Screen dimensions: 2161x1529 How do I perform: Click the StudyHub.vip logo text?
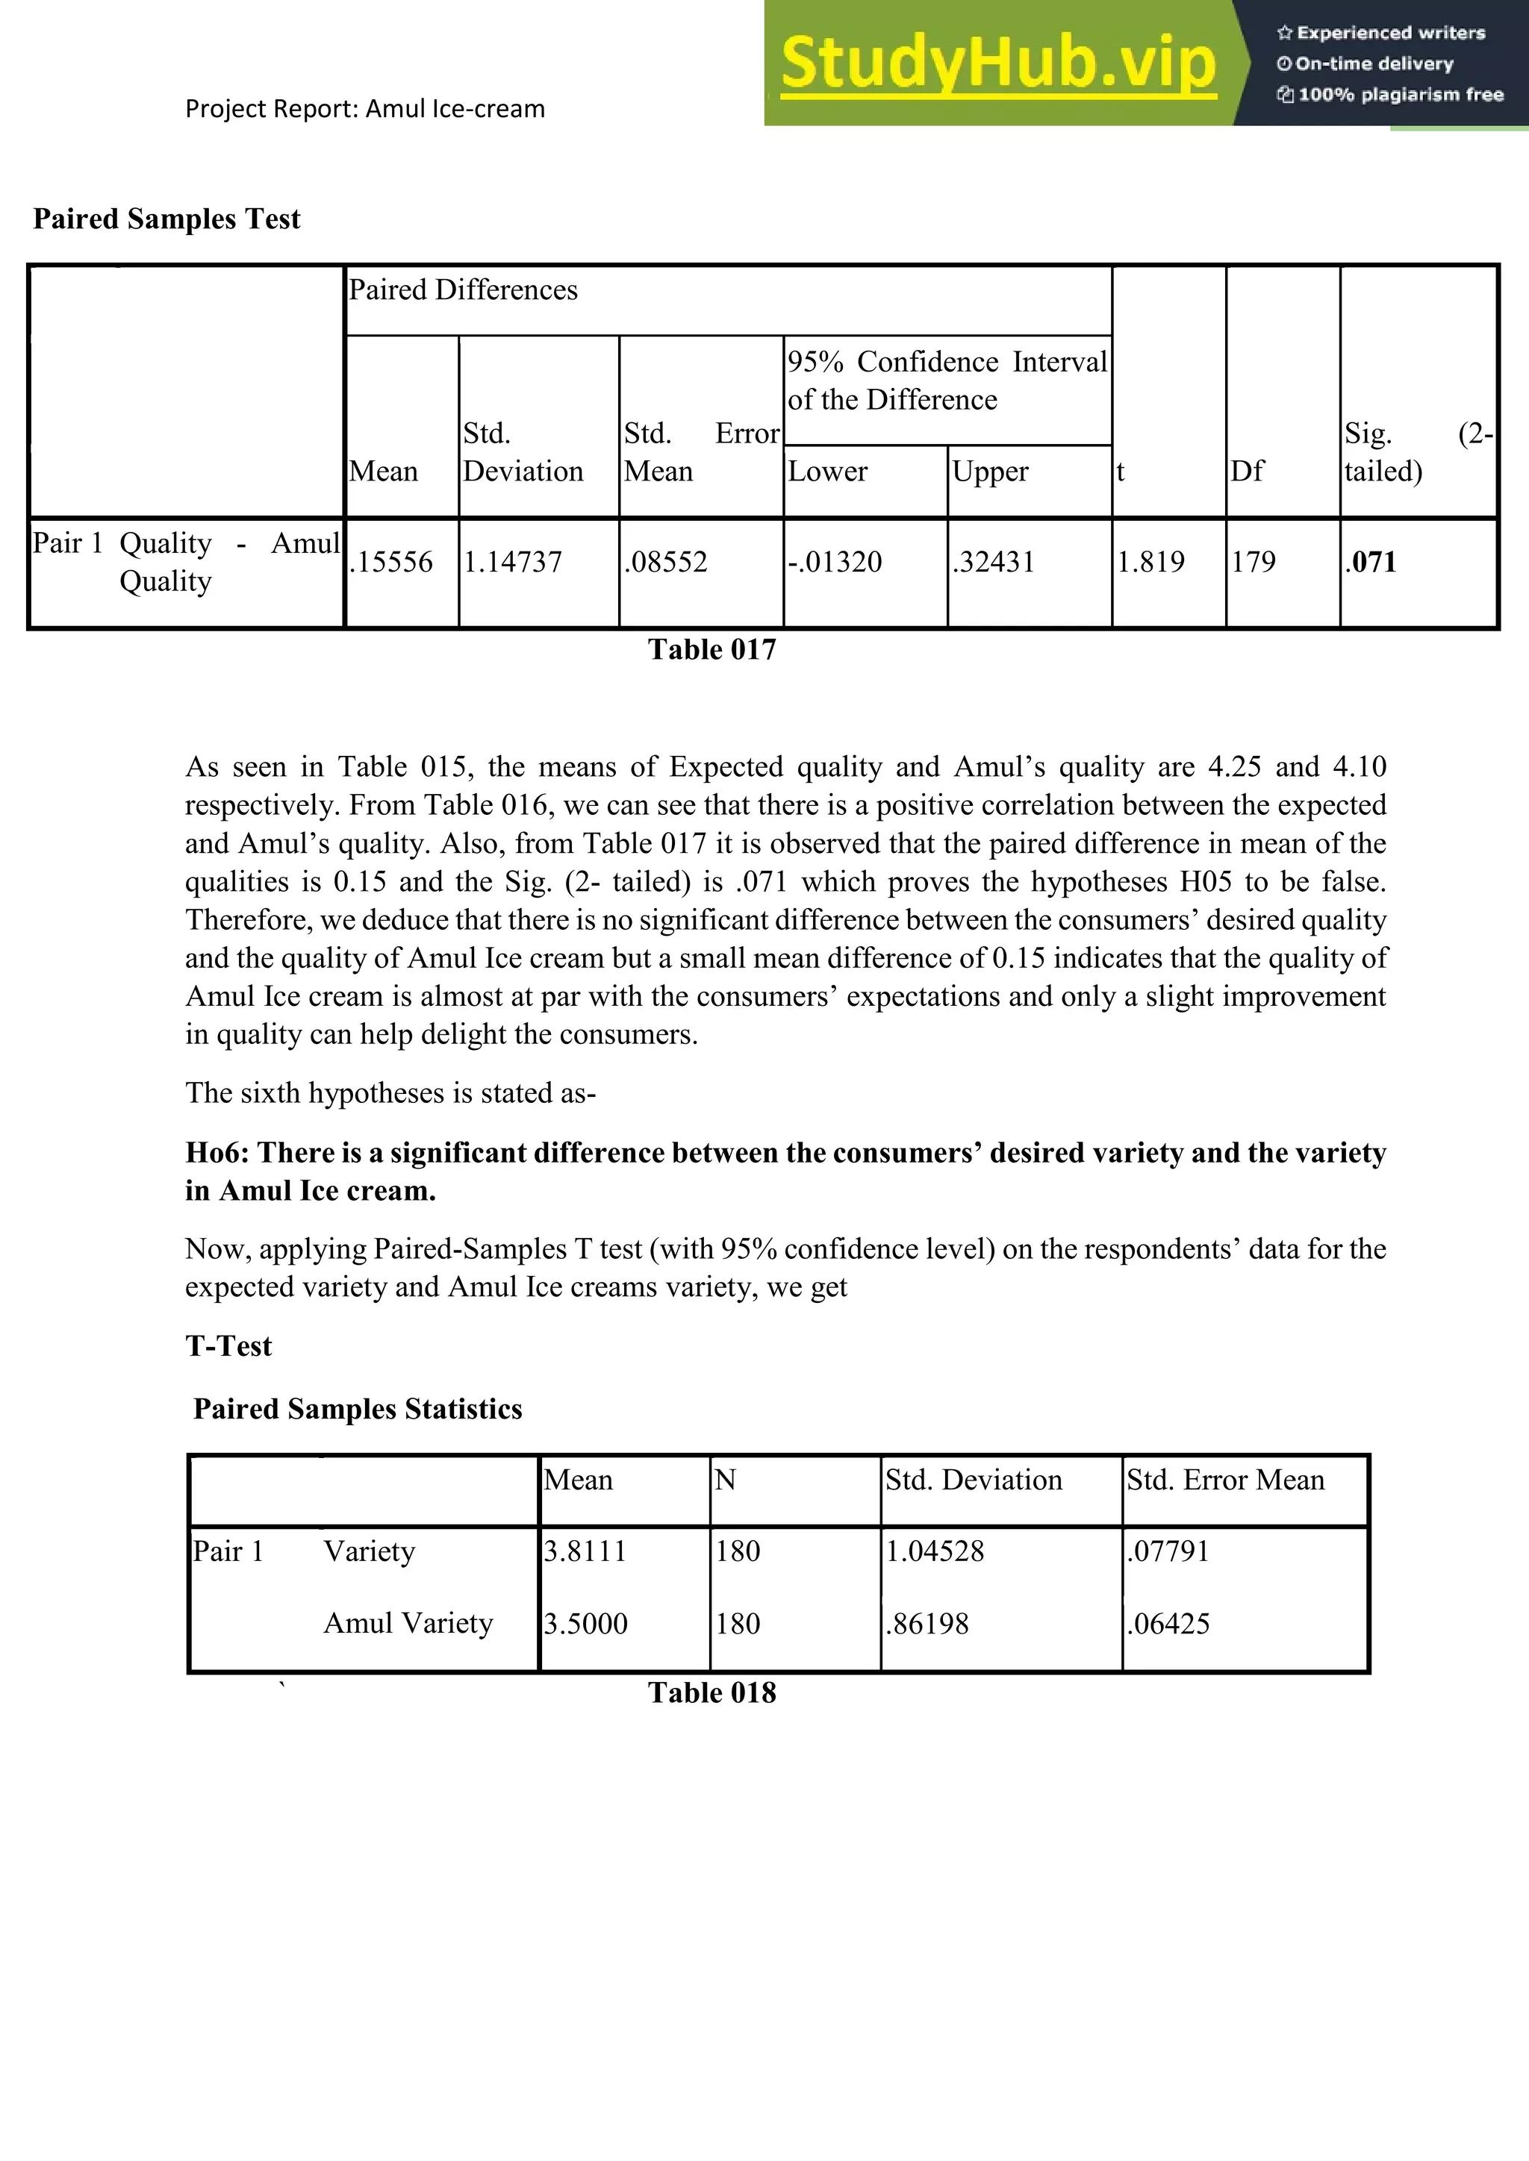click(x=998, y=64)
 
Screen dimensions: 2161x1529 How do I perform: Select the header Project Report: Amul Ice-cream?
click(x=364, y=109)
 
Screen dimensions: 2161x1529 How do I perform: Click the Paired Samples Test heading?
click(x=166, y=219)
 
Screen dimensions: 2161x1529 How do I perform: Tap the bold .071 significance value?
click(x=1371, y=562)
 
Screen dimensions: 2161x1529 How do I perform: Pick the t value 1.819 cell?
click(x=1150, y=562)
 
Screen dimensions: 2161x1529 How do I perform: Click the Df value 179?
click(x=1254, y=562)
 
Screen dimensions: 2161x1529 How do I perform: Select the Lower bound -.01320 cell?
click(x=835, y=562)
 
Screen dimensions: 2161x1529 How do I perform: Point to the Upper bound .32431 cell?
click(x=993, y=562)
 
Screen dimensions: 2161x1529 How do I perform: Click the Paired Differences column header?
click(x=463, y=290)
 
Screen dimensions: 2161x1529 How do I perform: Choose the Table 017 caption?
click(x=711, y=649)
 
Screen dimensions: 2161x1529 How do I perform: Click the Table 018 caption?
click(x=711, y=1692)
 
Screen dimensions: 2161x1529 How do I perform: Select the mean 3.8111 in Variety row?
click(x=585, y=1551)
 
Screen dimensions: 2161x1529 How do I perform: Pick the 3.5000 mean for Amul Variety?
click(x=585, y=1624)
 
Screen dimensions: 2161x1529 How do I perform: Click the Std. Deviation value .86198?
click(x=927, y=1624)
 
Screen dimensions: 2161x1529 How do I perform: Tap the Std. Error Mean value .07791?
click(x=1168, y=1551)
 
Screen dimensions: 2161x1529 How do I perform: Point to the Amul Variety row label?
click(x=408, y=1624)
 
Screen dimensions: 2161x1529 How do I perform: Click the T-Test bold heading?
click(x=228, y=1346)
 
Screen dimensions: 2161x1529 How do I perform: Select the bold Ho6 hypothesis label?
click(x=219, y=1153)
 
